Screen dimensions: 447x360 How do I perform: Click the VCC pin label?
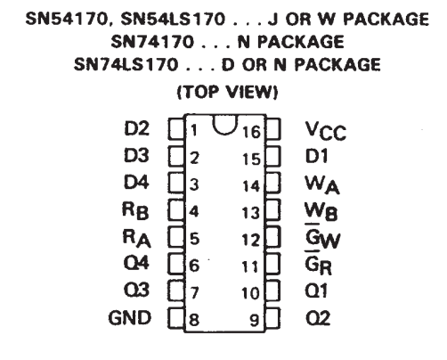pyautogui.click(x=326, y=131)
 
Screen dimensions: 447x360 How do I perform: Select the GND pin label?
pyautogui.click(x=130, y=318)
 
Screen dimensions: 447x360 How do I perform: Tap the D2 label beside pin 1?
pyautogui.click(x=136, y=128)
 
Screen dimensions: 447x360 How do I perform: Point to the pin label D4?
pyautogui.click(x=136, y=182)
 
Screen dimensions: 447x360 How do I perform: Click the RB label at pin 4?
pyautogui.click(x=135, y=210)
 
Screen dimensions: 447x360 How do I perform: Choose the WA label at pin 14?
pyautogui.click(x=322, y=185)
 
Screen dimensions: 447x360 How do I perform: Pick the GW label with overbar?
pyautogui.click(x=322, y=238)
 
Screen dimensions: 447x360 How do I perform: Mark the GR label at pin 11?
pyautogui.click(x=319, y=264)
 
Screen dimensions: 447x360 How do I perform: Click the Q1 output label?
pyautogui.click(x=316, y=290)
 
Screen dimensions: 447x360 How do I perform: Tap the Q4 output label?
pyautogui.click(x=136, y=263)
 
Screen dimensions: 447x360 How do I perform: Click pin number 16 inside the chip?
pyautogui.click(x=251, y=132)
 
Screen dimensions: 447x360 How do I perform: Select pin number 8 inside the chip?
pyautogui.click(x=194, y=320)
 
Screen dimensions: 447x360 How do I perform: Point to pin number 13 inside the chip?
pyautogui.click(x=251, y=213)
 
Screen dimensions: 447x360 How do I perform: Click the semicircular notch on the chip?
pyautogui.click(x=225, y=131)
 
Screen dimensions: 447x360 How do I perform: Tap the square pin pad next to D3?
pyautogui.click(x=176, y=157)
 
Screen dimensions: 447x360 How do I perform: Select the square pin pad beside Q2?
pyautogui.click(x=272, y=318)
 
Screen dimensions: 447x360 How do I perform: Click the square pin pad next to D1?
pyautogui.click(x=272, y=156)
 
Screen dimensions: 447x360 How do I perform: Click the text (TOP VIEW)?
pyautogui.click(x=227, y=92)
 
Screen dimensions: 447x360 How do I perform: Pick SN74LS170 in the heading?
pyautogui.click(x=126, y=64)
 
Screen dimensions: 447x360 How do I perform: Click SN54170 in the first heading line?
pyautogui.click(x=67, y=19)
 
